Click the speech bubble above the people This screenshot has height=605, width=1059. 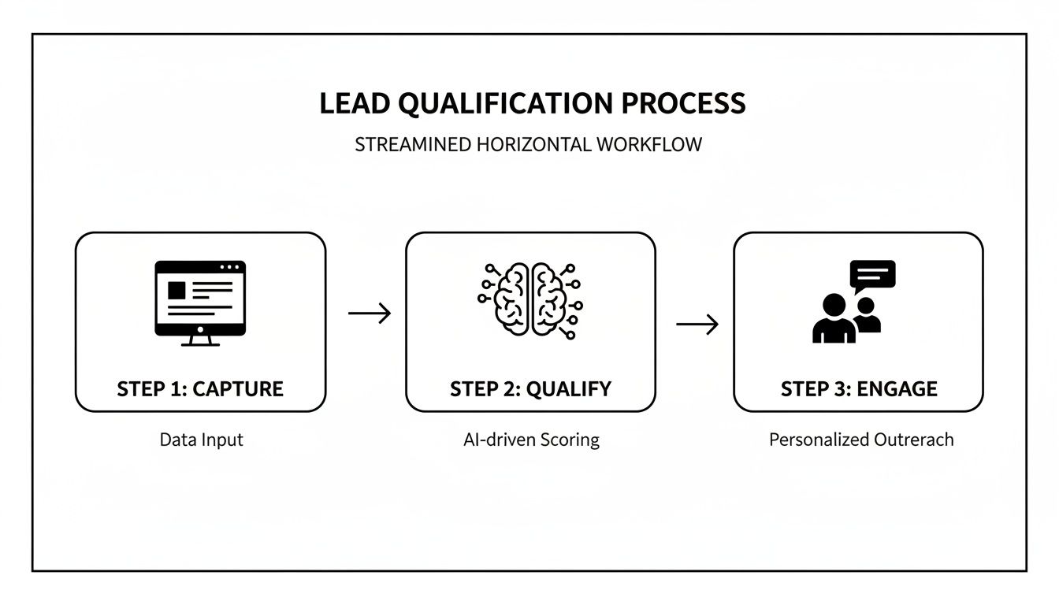[872, 275]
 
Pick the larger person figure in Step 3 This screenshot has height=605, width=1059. [833, 319]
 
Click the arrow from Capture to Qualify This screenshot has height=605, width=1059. [370, 314]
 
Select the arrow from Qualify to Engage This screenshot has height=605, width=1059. [697, 324]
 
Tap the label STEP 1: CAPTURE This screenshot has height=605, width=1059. [200, 388]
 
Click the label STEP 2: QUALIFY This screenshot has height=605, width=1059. [530, 388]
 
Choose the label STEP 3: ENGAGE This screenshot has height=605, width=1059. [859, 388]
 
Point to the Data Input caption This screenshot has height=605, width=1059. [201, 440]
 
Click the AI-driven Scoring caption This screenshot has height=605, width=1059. [531, 440]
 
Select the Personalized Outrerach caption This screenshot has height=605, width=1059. [860, 440]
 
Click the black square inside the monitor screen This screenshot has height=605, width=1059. [176, 289]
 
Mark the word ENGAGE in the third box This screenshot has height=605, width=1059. [898, 388]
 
